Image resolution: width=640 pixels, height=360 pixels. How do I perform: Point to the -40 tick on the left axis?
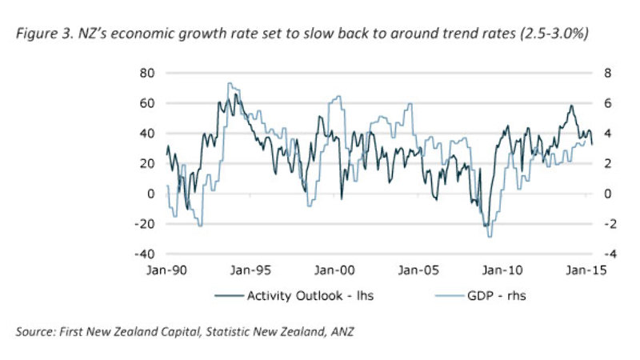pyautogui.click(x=144, y=254)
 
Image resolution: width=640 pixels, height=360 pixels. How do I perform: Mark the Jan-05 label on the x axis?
pyautogui.click(x=417, y=270)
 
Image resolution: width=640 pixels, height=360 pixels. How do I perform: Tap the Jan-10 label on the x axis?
pyautogui.click(x=501, y=270)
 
